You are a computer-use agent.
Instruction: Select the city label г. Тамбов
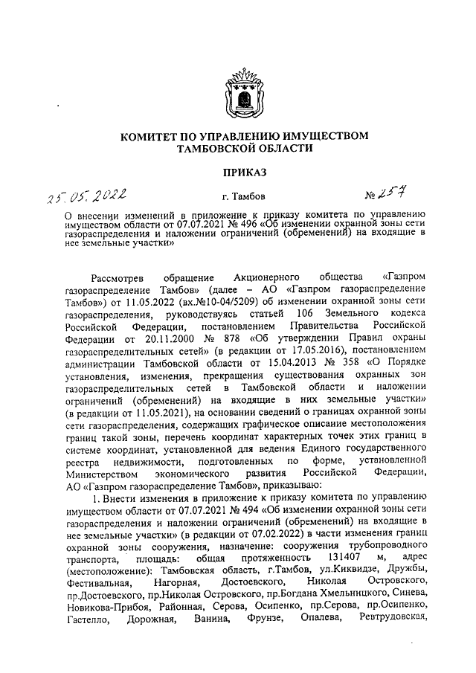pos(237,198)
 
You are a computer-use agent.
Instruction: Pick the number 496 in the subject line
pos(252,222)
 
